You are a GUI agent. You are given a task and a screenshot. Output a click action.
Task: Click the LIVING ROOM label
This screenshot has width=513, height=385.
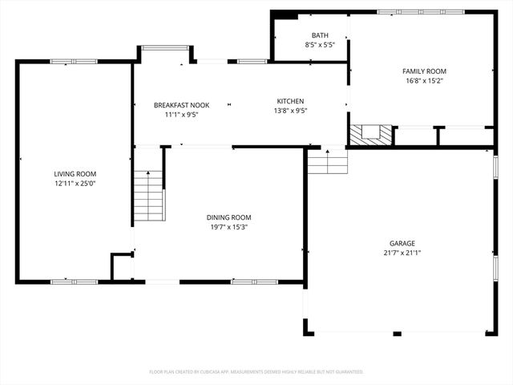75,174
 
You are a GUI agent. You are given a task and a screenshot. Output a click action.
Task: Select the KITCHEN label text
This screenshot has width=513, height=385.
290,101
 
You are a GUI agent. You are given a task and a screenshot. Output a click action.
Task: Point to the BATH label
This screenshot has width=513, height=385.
320,35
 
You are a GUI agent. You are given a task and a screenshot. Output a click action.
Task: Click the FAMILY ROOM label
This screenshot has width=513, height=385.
423,71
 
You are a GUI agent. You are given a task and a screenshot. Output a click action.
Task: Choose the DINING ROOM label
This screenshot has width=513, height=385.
229,217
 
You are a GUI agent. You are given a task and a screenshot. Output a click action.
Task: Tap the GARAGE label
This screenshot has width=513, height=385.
402,243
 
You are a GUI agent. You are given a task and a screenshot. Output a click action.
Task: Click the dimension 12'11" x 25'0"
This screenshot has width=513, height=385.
75,184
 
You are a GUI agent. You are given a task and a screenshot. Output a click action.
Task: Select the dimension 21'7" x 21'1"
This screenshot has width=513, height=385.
402,253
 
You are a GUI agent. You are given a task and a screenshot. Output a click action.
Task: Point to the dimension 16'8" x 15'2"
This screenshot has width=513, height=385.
423,80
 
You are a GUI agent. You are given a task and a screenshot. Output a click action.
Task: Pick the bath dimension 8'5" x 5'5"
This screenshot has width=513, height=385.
320,45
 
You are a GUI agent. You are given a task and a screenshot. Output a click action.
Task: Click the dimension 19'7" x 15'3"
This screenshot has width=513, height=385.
229,227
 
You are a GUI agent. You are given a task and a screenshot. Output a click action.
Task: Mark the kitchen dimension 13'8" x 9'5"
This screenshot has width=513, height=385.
290,111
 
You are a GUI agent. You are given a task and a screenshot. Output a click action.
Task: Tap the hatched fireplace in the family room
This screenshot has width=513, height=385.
373,133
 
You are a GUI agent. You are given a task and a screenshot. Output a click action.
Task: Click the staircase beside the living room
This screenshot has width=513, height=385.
148,197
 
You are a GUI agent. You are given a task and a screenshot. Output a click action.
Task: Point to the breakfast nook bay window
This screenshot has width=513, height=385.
165,47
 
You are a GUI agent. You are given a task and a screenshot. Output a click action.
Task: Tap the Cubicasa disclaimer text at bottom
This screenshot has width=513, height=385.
256,371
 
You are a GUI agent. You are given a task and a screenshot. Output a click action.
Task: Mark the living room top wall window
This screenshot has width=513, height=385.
75,62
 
